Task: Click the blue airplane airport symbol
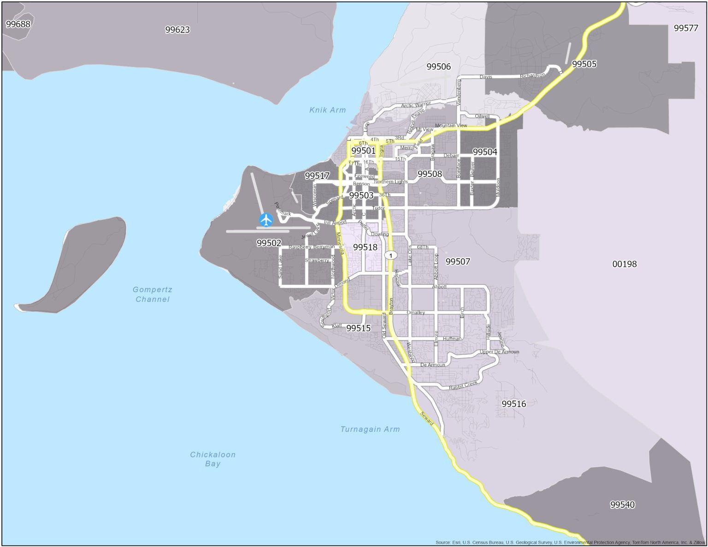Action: (266, 220)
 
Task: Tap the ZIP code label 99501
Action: (363, 151)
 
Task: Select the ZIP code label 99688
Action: (18, 24)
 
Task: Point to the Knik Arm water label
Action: (327, 110)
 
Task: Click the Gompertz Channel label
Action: (152, 294)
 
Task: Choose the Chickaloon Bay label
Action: (212, 459)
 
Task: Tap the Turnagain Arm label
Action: (370, 429)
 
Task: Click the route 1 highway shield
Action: (391, 255)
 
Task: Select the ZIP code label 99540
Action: (622, 505)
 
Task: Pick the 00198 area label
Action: (624, 264)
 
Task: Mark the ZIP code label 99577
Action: (686, 28)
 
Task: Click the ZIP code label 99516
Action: (513, 404)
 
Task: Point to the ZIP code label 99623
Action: (177, 29)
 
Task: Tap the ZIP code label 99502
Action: (269, 243)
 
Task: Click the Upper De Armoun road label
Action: (499, 352)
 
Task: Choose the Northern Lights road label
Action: (390, 182)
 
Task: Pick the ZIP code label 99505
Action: (584, 64)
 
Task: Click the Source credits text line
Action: (570, 542)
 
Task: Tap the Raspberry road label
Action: (300, 247)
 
